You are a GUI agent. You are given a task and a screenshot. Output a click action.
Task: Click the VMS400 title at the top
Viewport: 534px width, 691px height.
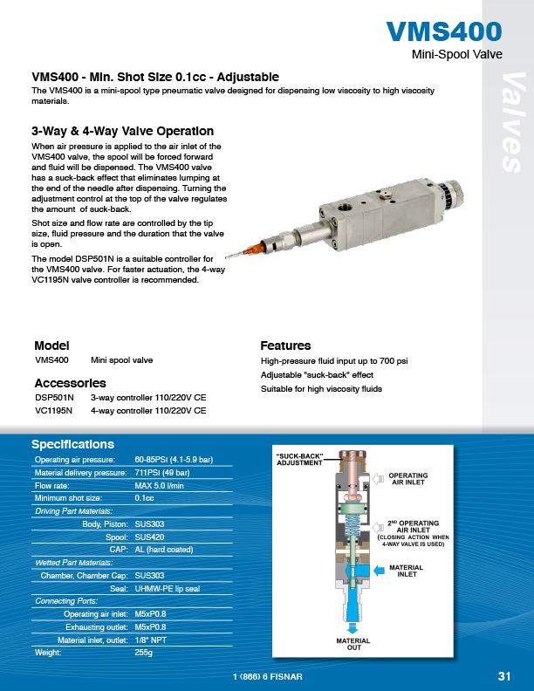(444, 32)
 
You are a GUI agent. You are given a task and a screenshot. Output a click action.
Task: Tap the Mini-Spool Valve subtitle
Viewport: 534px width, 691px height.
(455, 54)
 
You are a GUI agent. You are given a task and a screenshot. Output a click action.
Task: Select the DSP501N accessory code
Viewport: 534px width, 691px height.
(54, 397)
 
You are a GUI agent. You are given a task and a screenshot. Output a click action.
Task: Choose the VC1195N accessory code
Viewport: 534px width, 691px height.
(54, 409)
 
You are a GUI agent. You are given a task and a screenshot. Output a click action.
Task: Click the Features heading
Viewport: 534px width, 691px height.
(285, 345)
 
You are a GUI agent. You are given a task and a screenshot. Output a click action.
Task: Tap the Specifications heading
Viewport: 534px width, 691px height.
(72, 444)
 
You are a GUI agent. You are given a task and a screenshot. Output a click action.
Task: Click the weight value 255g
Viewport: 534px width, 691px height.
(144, 652)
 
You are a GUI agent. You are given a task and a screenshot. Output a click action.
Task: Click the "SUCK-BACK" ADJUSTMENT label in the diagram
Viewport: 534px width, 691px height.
(300, 460)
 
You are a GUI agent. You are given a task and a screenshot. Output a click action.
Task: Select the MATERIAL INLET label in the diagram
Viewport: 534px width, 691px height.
(406, 571)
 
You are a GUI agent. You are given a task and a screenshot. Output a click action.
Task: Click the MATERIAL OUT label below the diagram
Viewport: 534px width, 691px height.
(353, 644)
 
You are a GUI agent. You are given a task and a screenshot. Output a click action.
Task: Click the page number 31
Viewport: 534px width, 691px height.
(503, 676)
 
